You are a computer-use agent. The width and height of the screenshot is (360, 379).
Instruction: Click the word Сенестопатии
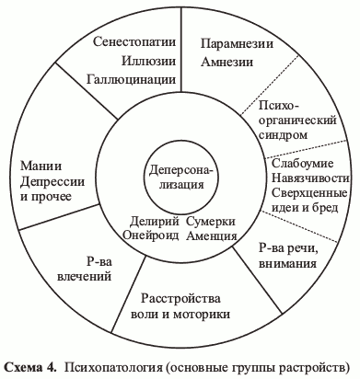pyautogui.click(x=137, y=42)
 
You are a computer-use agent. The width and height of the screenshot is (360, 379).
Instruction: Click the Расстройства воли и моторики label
pyautogui.click(x=180, y=305)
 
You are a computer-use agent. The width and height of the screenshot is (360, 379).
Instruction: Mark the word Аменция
pyautogui.click(x=210, y=236)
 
